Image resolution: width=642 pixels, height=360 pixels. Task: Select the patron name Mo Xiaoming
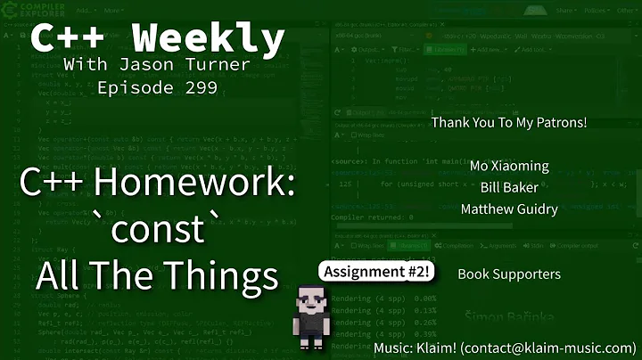[x=509, y=166]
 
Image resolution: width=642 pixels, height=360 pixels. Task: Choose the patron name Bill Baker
[x=509, y=187]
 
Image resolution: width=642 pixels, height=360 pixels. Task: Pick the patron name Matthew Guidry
[x=509, y=209]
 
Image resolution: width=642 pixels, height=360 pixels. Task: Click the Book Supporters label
[x=508, y=274]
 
